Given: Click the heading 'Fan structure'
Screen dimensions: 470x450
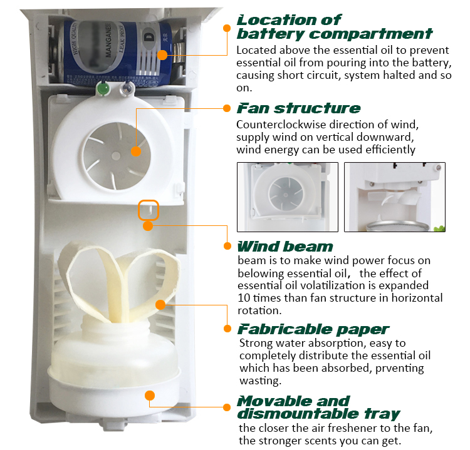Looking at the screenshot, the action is coord(298,108).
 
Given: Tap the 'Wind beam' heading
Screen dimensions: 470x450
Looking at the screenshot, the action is coord(285,247).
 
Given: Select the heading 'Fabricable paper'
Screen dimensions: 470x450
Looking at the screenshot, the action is coord(313,329).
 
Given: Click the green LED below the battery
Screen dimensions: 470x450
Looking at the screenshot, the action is coord(103,89).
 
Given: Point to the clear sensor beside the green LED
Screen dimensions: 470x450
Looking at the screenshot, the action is coord(128,88).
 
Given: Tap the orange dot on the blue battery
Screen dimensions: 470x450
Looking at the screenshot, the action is coord(162,55).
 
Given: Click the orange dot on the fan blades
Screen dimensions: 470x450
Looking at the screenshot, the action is coord(136,151).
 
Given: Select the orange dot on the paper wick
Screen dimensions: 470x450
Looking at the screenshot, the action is coord(160,305).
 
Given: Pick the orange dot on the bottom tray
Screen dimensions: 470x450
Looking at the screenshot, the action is coord(150,396).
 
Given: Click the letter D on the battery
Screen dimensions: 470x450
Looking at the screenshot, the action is coord(148,37).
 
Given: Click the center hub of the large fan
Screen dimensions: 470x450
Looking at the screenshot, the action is coord(116,156).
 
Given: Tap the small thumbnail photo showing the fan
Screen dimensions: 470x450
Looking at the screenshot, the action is coord(288,197).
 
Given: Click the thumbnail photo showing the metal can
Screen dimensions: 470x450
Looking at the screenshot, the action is coord(395,197).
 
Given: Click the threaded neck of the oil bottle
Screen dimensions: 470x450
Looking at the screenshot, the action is coord(115,323).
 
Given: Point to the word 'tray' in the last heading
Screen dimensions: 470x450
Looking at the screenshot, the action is coord(382,414).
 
